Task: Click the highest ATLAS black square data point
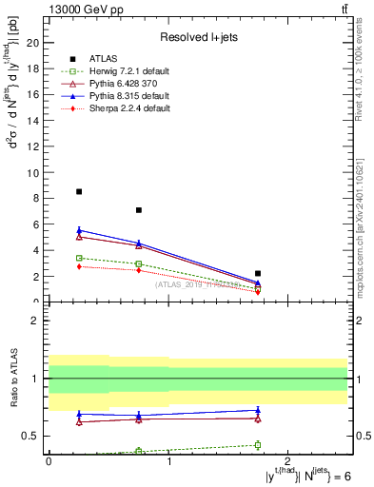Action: pos(79,191)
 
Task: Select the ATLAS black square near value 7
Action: pos(139,210)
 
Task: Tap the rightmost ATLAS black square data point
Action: pos(258,273)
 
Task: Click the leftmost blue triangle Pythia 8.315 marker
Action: pos(79,230)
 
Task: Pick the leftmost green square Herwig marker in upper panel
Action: pos(79,258)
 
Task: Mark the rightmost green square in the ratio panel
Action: pos(258,445)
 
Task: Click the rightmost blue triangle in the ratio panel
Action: pos(258,410)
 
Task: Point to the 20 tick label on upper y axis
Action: pos(31,43)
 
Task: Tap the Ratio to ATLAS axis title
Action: pos(11,380)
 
